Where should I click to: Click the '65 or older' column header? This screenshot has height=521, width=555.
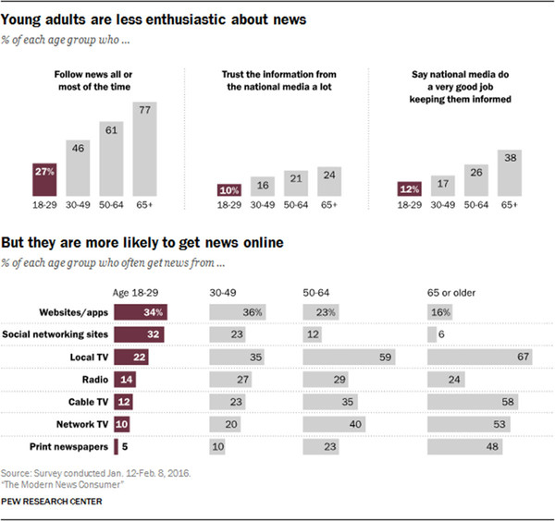[456, 292]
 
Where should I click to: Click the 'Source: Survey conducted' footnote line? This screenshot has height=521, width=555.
[95, 471]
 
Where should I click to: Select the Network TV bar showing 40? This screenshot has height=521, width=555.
[340, 425]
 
